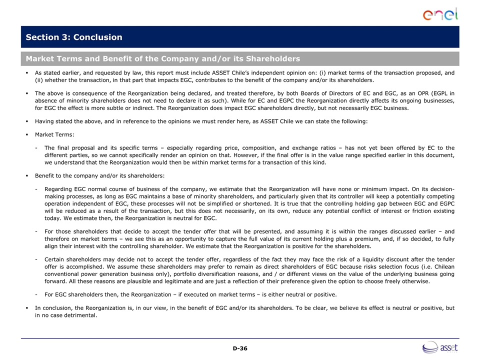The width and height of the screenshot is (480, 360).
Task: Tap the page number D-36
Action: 240,348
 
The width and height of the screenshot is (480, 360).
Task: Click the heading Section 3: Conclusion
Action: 74,37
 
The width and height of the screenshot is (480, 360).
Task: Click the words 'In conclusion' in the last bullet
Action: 53,308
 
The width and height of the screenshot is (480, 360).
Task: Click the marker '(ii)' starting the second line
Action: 39,80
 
